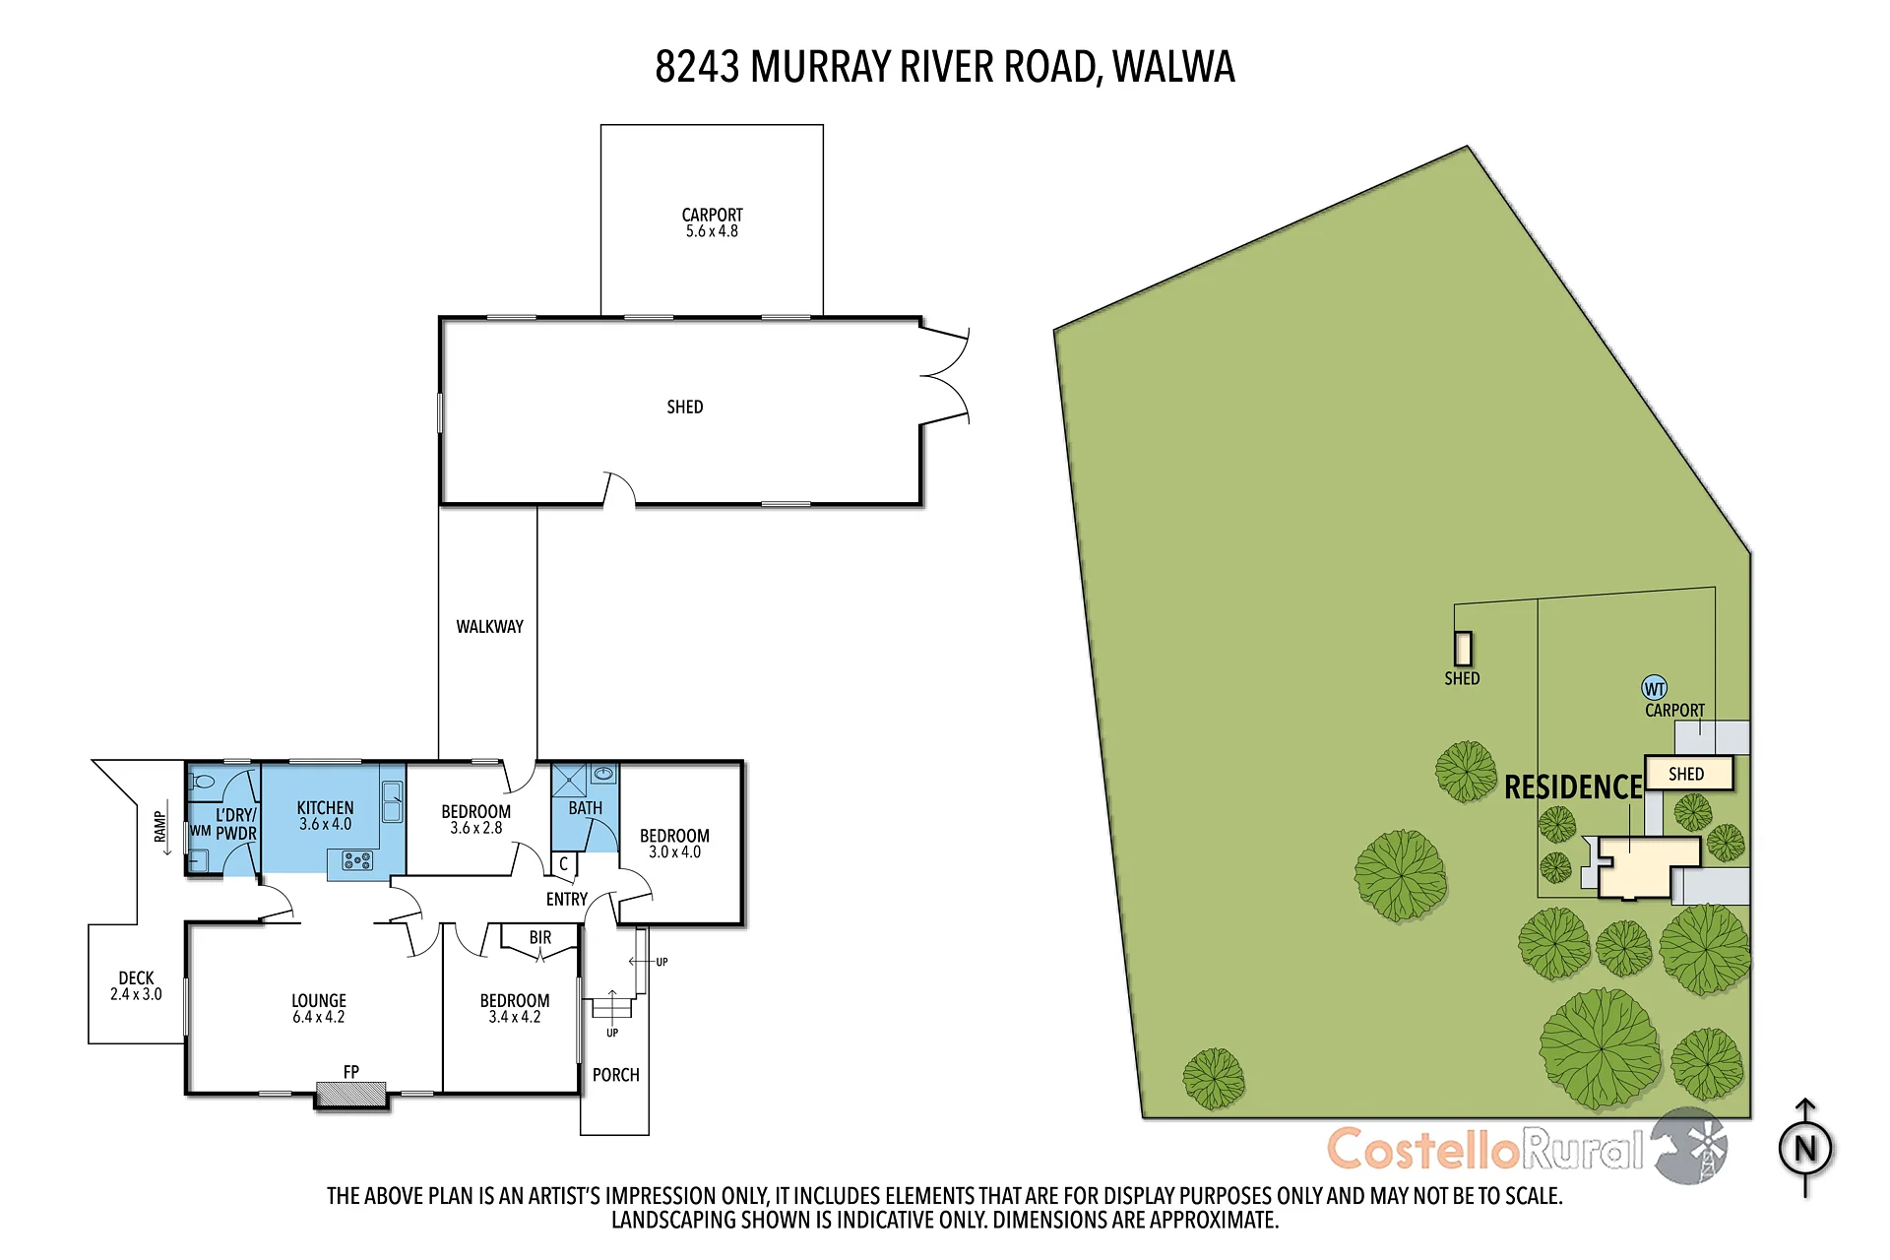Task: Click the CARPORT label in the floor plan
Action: coord(712,215)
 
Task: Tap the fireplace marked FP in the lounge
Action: coord(350,1094)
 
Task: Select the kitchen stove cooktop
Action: coord(357,860)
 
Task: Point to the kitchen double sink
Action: coord(392,801)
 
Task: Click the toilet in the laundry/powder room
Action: coord(203,782)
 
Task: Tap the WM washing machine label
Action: coord(201,831)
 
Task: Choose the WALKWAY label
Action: coord(489,626)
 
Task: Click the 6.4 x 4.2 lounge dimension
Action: coord(318,1017)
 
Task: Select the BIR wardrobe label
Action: coord(540,938)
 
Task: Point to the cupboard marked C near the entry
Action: coord(564,864)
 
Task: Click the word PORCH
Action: coord(616,1075)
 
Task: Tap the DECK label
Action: coord(136,977)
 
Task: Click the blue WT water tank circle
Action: coord(1655,688)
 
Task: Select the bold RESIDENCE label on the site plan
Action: coord(1573,787)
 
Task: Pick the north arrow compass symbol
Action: coord(1805,1148)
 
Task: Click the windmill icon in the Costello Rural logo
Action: coord(1690,1146)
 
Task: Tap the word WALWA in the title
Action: coord(1173,67)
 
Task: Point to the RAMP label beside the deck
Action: coord(159,827)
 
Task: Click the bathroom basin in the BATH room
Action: coord(603,775)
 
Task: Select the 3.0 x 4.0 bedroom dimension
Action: coord(674,852)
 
